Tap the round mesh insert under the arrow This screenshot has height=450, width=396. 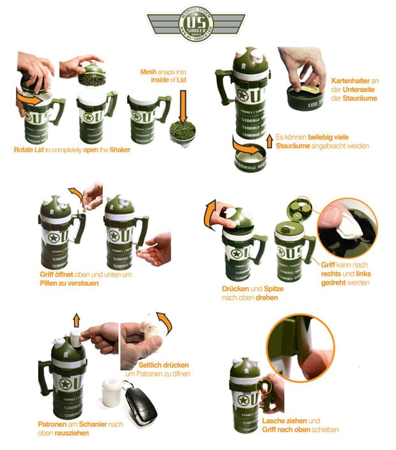181,133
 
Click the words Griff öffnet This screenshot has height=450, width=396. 57,274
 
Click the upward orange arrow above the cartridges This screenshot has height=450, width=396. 77,320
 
